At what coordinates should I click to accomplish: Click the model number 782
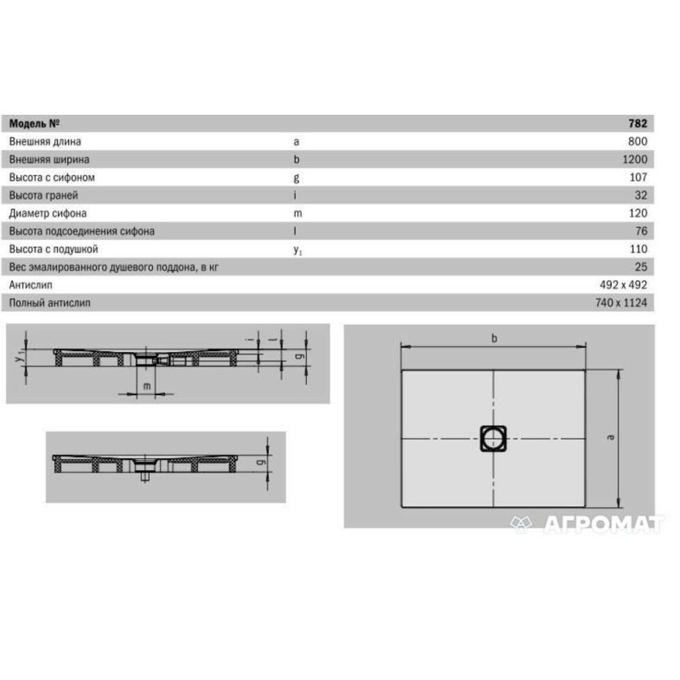[637, 123]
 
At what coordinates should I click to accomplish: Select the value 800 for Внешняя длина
[637, 141]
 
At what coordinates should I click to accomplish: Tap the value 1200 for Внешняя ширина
[635, 159]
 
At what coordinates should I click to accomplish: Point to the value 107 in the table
[638, 178]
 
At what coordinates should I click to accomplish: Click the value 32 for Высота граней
[641, 195]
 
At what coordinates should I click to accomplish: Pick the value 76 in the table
[642, 230]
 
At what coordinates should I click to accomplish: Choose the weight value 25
[641, 267]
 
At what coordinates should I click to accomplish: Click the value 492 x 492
[623, 285]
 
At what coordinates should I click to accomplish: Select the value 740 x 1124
[621, 303]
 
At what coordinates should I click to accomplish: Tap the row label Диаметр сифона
[48, 213]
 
